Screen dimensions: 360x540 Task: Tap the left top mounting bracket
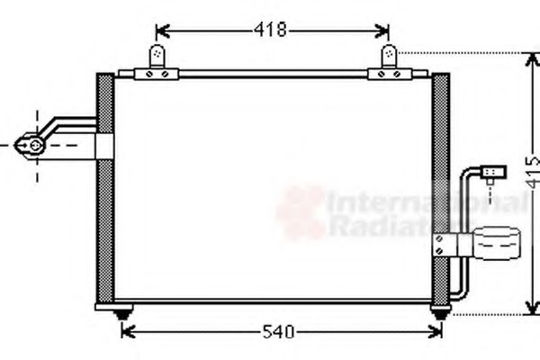[159, 58]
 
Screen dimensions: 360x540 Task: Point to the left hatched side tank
[103, 189]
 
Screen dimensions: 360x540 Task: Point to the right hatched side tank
[441, 189]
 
